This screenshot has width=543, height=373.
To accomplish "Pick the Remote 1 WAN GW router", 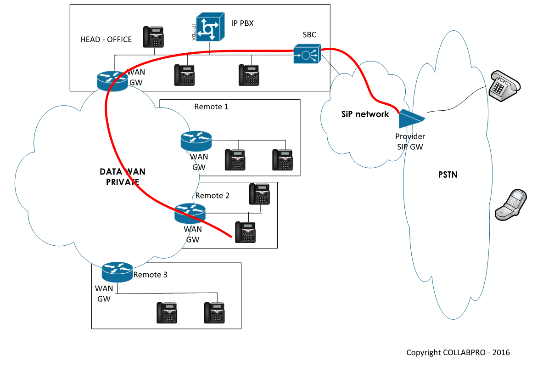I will (196, 141).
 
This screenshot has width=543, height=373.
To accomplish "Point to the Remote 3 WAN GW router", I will (117, 272).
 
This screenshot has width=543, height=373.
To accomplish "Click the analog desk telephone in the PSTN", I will (504, 84).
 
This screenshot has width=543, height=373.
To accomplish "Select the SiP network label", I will (365, 114).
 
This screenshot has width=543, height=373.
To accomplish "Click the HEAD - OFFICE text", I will (106, 40).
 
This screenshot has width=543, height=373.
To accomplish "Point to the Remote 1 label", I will (211, 107).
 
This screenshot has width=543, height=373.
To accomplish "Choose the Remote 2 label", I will (212, 195).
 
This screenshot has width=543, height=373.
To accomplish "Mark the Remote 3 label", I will (151, 275).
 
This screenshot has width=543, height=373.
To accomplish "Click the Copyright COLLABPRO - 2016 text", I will (458, 353).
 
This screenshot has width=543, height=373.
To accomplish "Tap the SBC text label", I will (309, 35).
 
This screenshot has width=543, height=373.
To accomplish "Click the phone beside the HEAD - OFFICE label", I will (153, 37).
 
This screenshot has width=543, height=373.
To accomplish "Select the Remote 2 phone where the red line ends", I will (245, 232).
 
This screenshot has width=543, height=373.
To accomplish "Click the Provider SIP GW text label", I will (410, 141).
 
